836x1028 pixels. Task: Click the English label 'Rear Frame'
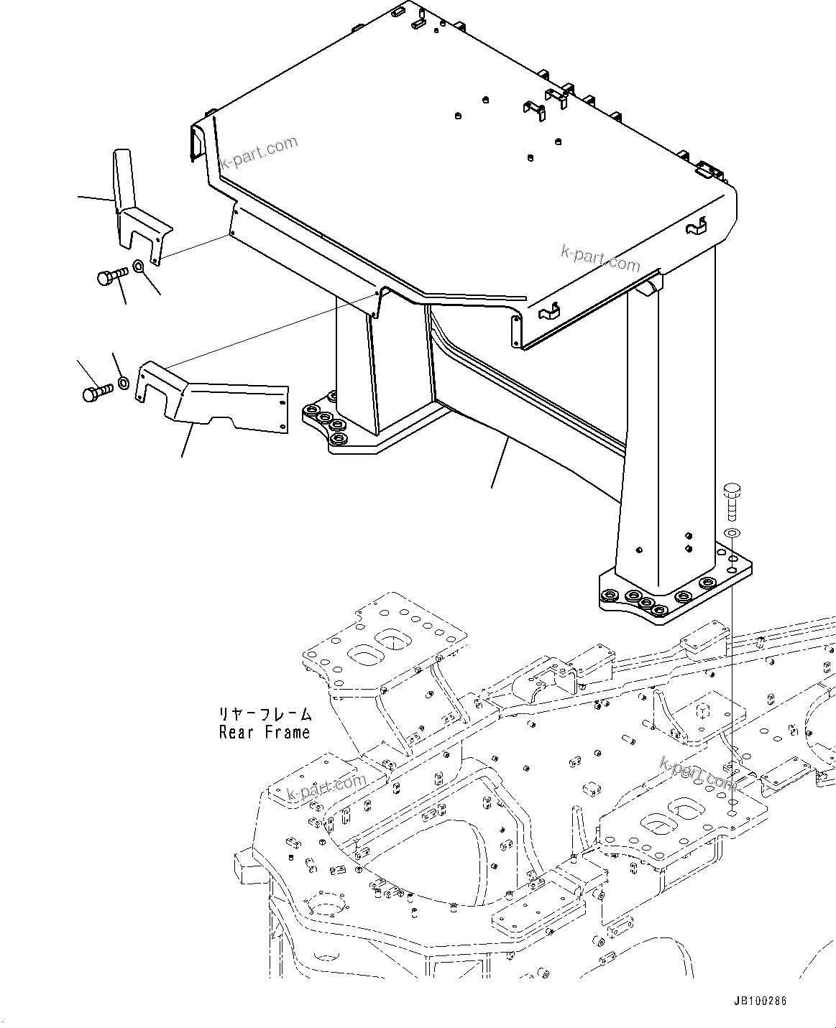[265, 733]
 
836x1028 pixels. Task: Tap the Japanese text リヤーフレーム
[265, 715]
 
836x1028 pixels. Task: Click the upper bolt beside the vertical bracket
[110, 276]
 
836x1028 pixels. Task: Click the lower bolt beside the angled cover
[96, 393]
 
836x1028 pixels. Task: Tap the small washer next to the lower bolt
[123, 381]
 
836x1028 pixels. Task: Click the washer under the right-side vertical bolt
[730, 534]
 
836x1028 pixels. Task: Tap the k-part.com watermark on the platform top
[259, 152]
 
